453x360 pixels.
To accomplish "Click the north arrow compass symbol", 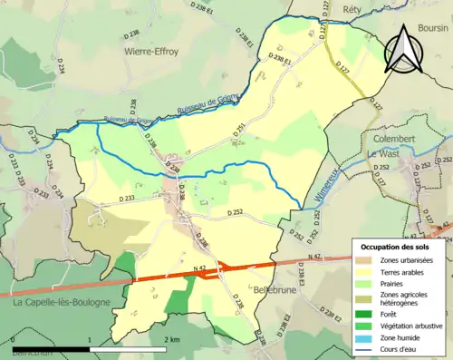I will coord(404,49).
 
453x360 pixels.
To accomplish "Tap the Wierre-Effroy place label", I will coord(155,52).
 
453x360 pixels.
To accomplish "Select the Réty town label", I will coord(353,9).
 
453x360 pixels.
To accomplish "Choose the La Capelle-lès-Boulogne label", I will coord(62,302).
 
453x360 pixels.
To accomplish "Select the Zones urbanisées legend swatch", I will coord(364,261).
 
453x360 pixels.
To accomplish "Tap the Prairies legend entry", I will coord(394,284).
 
